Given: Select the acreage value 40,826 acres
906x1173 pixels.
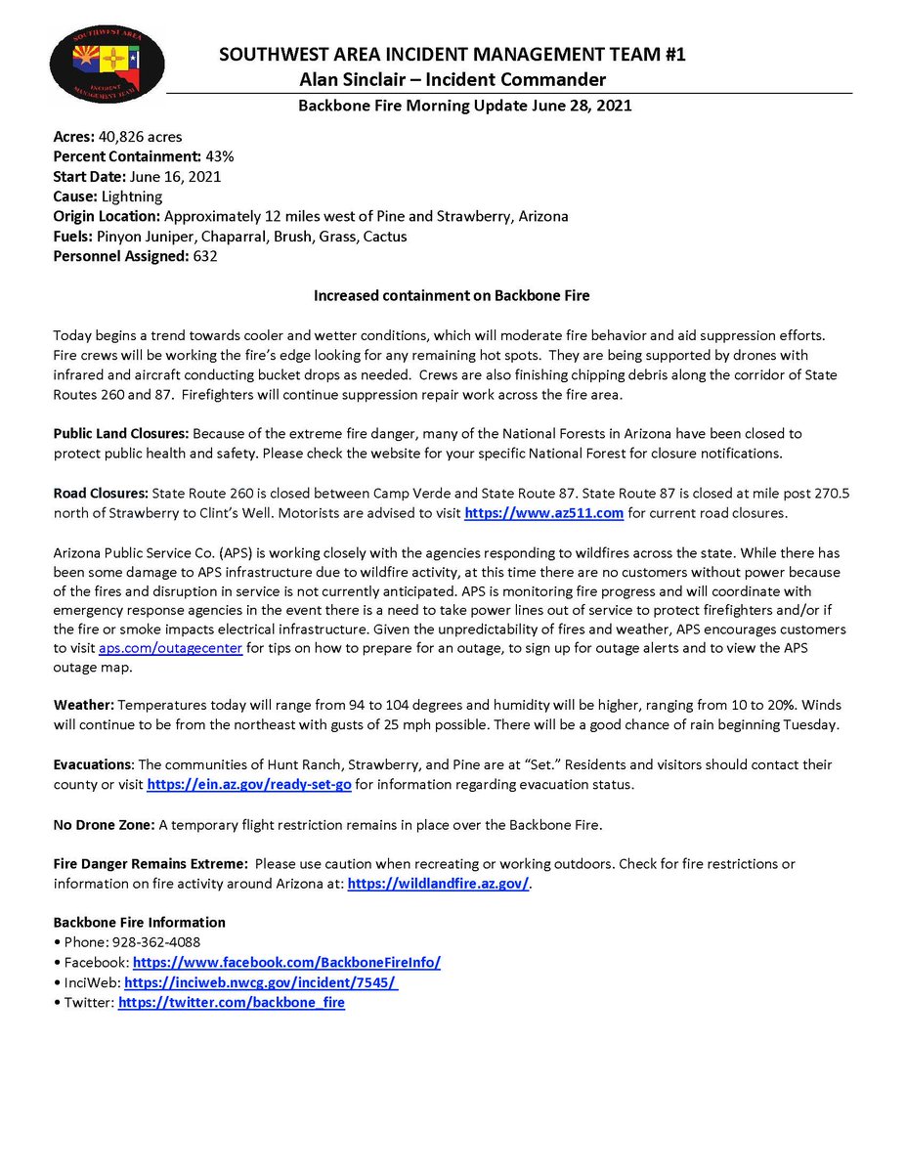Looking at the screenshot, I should click(x=140, y=137).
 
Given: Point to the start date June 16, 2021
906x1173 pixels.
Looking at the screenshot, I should click(x=173, y=177).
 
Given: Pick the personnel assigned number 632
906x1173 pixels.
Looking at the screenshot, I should click(x=205, y=256).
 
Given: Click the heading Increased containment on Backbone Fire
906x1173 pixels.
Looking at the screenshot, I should click(x=452, y=295).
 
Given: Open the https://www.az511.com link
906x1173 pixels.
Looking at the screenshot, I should click(x=543, y=512).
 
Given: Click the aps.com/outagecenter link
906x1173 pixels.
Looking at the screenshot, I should click(x=170, y=647).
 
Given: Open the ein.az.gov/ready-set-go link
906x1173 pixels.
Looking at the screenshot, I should click(x=248, y=784).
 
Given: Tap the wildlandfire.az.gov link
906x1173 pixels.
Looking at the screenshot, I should click(x=438, y=883).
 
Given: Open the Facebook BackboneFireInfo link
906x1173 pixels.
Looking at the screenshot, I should click(x=286, y=962).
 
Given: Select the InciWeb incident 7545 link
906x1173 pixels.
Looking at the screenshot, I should click(x=261, y=982).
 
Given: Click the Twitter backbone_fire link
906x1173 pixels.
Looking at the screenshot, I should click(x=232, y=1002).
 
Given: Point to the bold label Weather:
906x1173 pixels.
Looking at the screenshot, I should click(x=86, y=705).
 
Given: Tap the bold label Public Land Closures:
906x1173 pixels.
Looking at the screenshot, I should click(x=122, y=433).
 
